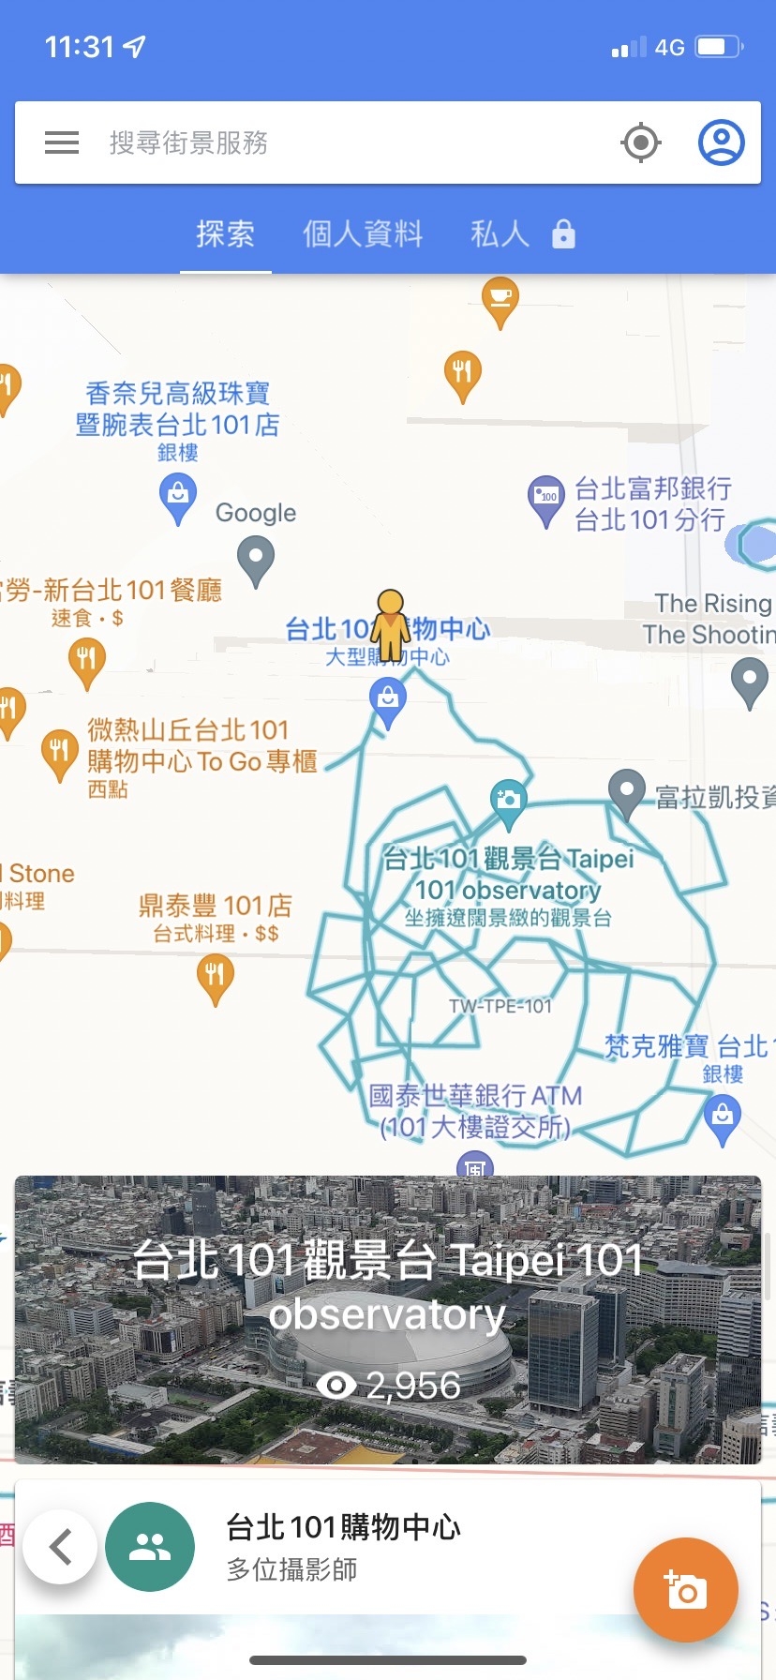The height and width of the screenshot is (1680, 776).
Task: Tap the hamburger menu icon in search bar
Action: tap(62, 142)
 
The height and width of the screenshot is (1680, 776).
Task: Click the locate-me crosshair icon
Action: tap(641, 142)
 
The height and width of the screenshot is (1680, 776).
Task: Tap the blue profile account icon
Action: tap(721, 142)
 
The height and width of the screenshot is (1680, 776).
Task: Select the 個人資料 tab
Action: tap(363, 233)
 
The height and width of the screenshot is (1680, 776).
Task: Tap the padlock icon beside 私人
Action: tap(563, 233)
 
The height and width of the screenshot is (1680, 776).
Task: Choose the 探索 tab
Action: tap(225, 233)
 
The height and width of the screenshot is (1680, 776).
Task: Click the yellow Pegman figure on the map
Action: tap(390, 624)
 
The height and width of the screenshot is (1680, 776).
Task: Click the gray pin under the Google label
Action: tap(256, 558)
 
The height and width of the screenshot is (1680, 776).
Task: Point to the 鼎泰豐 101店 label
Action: tap(216, 906)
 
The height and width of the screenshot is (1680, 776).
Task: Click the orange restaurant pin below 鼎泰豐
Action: tap(216, 977)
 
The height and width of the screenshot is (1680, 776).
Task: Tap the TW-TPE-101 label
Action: tap(500, 1007)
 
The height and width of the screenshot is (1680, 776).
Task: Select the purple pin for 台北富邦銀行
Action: tap(545, 499)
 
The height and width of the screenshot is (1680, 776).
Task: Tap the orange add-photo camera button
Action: tap(685, 1589)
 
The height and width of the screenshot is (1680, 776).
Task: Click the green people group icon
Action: tap(150, 1546)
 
